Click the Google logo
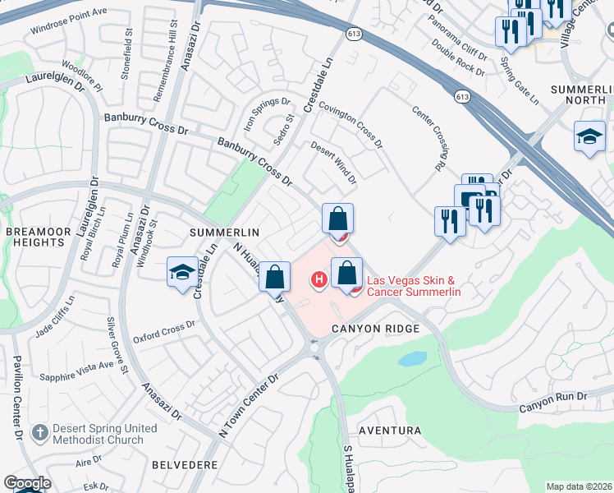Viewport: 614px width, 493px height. click(26, 483)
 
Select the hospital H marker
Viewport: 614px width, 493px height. click(318, 281)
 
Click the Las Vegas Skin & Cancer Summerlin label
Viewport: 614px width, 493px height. click(413, 286)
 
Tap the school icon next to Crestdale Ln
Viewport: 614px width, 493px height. click(182, 274)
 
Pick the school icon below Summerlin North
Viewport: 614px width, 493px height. click(589, 138)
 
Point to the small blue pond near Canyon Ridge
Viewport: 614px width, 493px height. click(411, 359)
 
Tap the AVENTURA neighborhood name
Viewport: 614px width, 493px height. click(389, 431)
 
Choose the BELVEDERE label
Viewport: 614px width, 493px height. click(185, 464)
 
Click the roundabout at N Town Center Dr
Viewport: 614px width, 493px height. click(315, 347)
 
